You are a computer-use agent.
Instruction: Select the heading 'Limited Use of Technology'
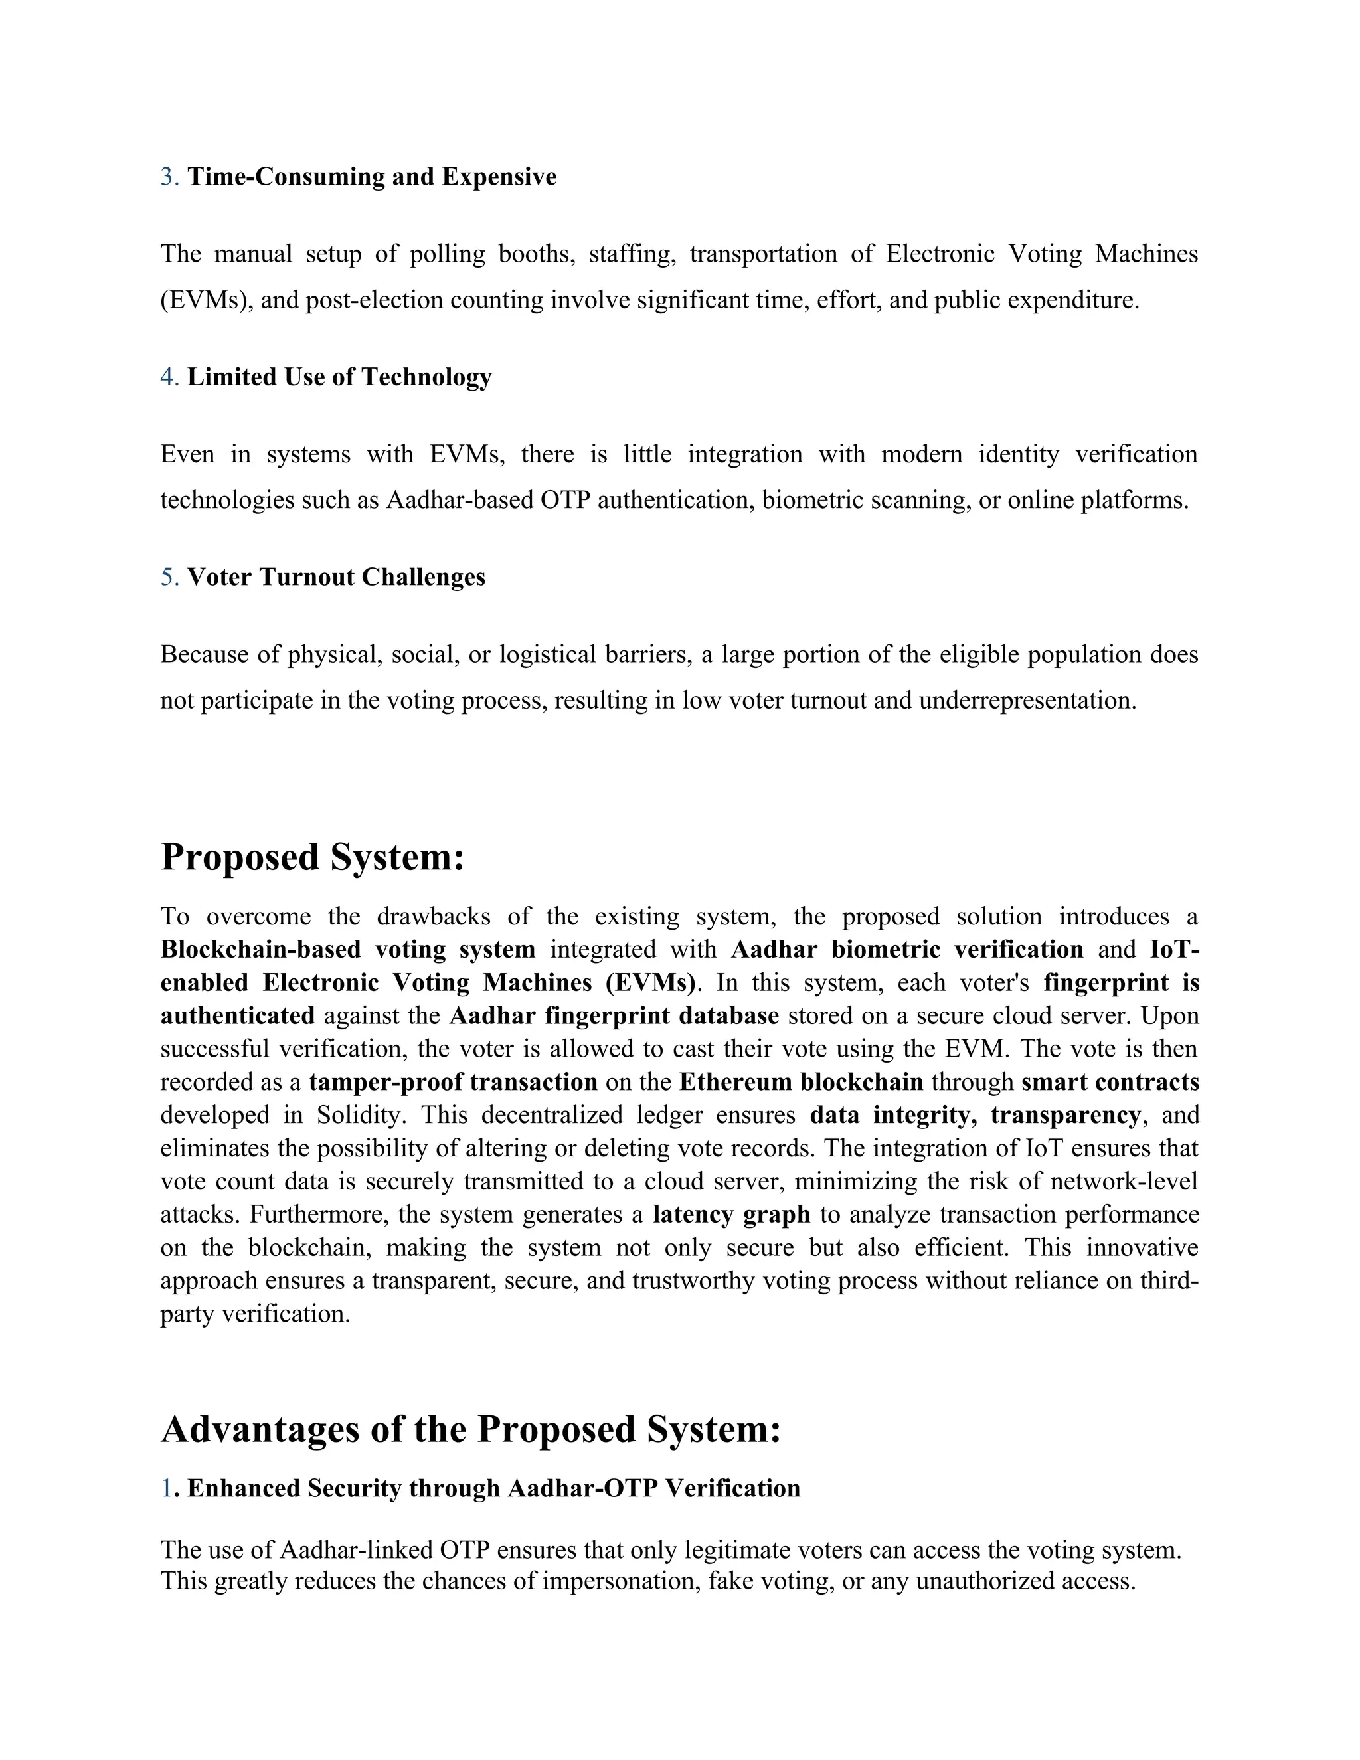[339, 377]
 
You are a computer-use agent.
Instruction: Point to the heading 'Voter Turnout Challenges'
[336, 577]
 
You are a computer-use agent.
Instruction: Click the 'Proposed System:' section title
[313, 857]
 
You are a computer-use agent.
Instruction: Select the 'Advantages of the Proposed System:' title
[471, 1429]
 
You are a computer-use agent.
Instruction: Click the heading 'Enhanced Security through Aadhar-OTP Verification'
[493, 1488]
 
